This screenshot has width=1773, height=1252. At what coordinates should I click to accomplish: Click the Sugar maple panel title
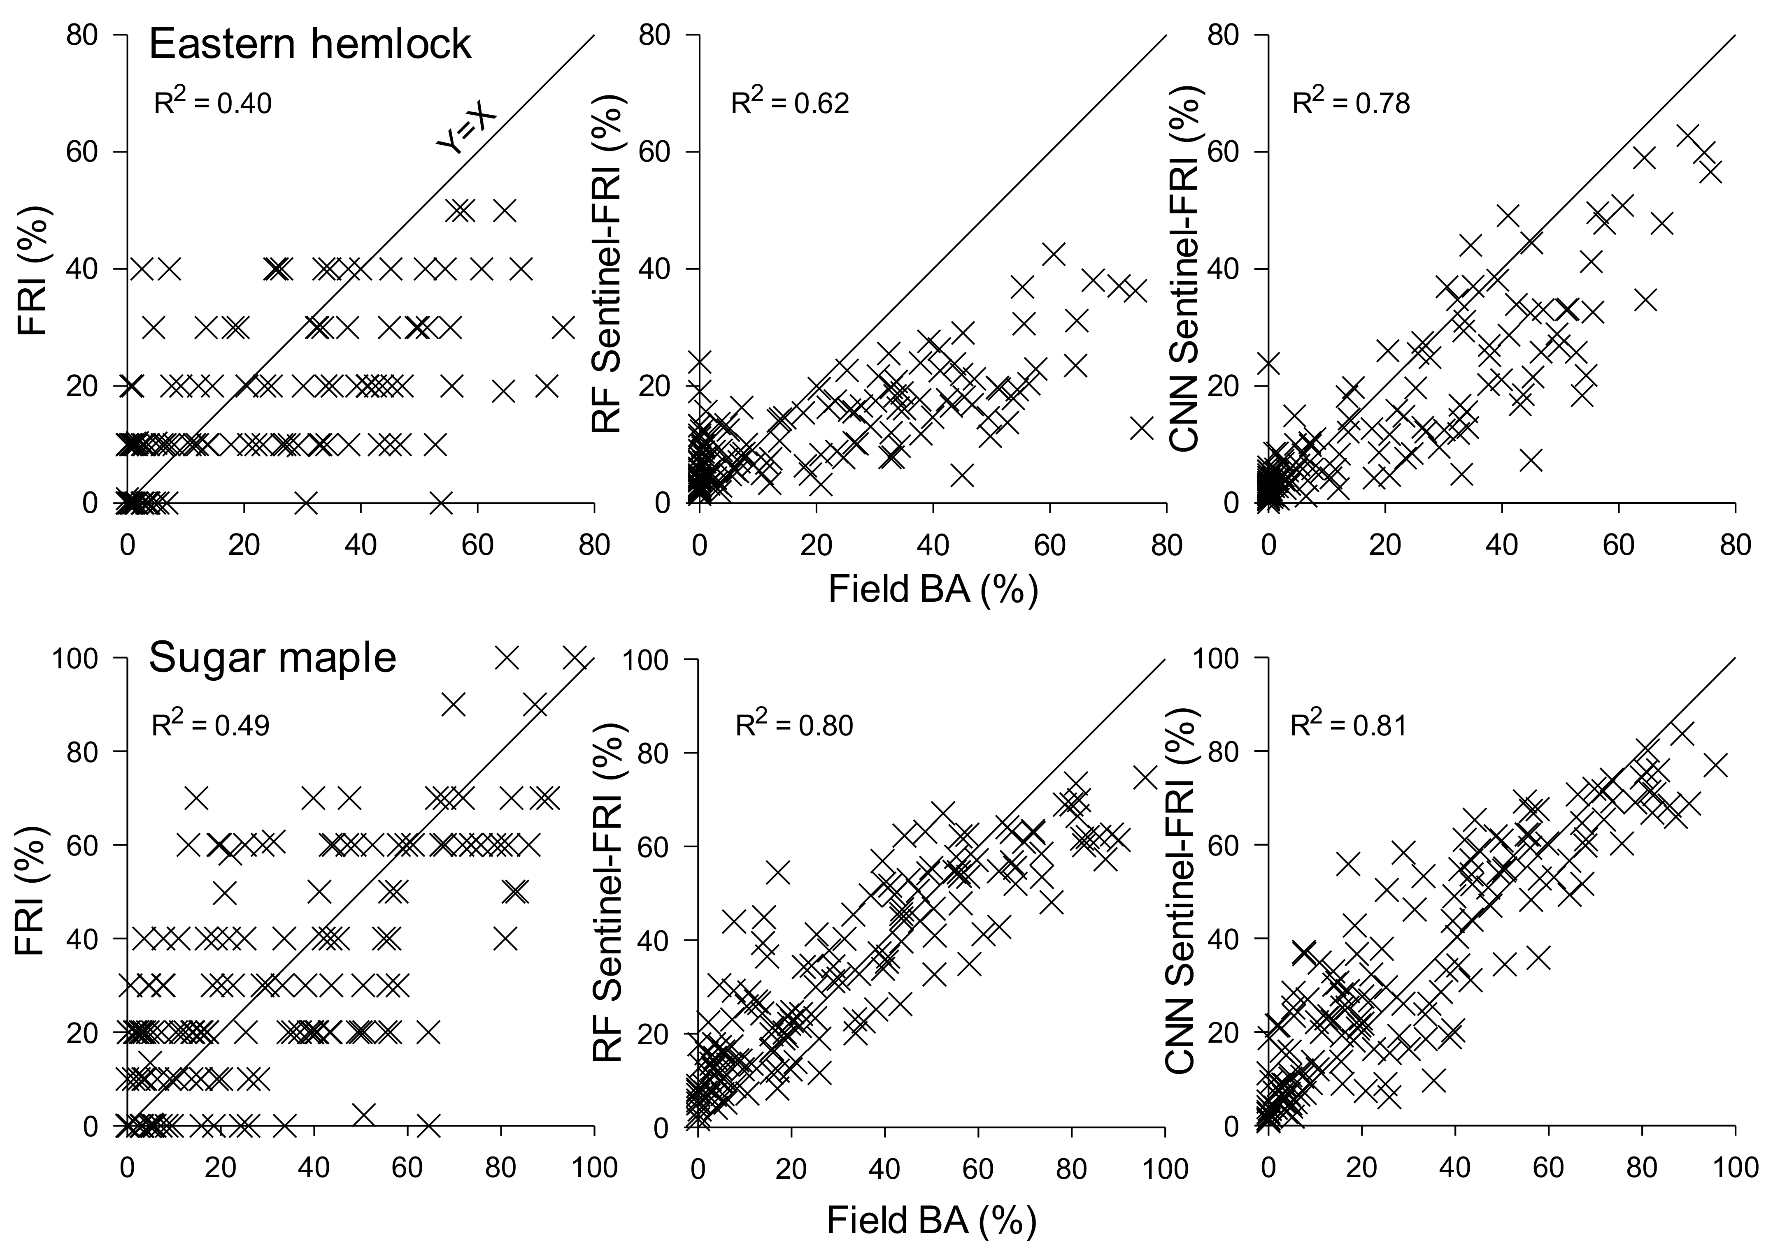pyautogui.click(x=272, y=658)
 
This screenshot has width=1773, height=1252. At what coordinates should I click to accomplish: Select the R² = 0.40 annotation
pyautogui.click(x=213, y=103)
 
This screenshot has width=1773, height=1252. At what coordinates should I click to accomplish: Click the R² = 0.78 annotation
pyautogui.click(x=1352, y=103)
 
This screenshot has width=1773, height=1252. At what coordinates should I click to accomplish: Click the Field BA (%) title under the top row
pyautogui.click(x=933, y=590)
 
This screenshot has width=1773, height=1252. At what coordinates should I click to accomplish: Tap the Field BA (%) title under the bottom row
pyautogui.click(x=931, y=1221)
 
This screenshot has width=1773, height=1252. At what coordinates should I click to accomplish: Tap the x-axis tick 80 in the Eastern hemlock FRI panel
pyautogui.click(x=594, y=545)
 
